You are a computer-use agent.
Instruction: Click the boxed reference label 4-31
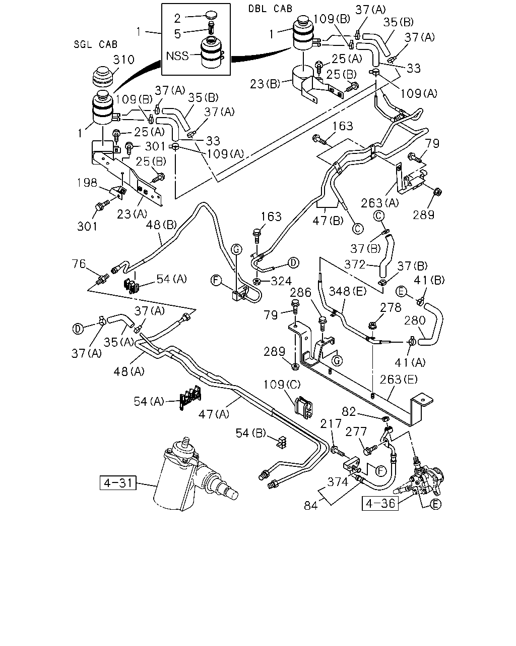pos(118,482)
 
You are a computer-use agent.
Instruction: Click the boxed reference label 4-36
pos(380,503)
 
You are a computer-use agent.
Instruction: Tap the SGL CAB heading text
pos(96,44)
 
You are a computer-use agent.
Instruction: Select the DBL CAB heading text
pos(270,9)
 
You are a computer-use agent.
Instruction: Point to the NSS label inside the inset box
pos(177,56)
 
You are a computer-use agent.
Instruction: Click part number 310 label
pos(123,60)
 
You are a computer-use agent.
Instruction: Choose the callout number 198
pos(87,183)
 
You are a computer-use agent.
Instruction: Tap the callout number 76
pos(79,264)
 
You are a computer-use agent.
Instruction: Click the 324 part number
pos(281,281)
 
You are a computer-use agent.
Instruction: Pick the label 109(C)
pos(282,385)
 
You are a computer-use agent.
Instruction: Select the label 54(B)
pos(251,433)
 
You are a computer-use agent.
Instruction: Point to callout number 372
pos(355,264)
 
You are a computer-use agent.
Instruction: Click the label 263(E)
pos(399,380)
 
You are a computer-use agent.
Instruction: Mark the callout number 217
pos(331,424)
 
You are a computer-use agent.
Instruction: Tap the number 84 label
pos(311,506)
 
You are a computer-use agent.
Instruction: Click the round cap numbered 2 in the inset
pos(211,15)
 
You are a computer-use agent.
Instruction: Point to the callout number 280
pos(415,320)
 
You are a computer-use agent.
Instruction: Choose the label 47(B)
pos(328,221)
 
